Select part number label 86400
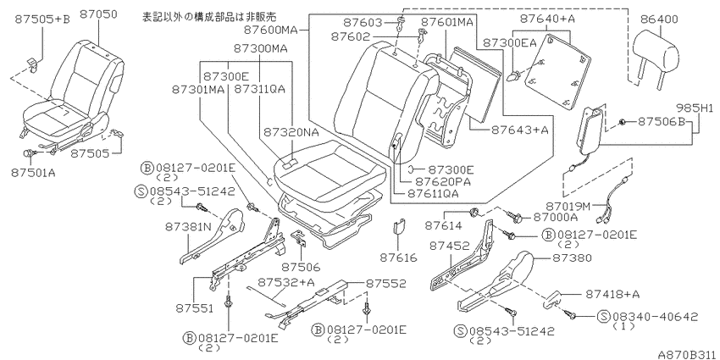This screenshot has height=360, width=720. click(657, 19)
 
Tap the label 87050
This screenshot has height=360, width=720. click(98, 14)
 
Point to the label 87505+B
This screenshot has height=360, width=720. click(42, 19)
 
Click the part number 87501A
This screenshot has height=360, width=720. click(31, 172)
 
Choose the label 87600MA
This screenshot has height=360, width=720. click(271, 30)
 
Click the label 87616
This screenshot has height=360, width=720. click(398, 258)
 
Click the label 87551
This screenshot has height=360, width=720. click(194, 307)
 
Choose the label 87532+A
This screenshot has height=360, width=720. click(285, 282)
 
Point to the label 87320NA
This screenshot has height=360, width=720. click(291, 133)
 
